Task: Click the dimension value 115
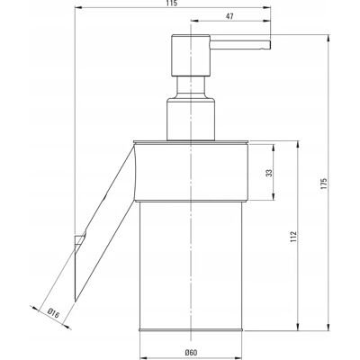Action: tap(173, 4)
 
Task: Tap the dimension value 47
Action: tap(229, 16)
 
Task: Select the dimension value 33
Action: tap(269, 173)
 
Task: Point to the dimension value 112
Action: tap(293, 237)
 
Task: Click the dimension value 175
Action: tap(323, 184)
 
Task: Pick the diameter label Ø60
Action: tap(191, 353)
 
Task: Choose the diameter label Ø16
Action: tap(53, 314)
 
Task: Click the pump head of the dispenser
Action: tap(191, 56)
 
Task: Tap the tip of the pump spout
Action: tap(271, 44)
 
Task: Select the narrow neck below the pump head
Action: tap(191, 86)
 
